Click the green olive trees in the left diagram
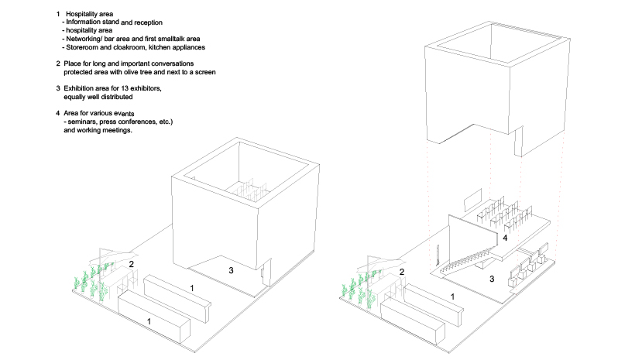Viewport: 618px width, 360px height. click(91, 280)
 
